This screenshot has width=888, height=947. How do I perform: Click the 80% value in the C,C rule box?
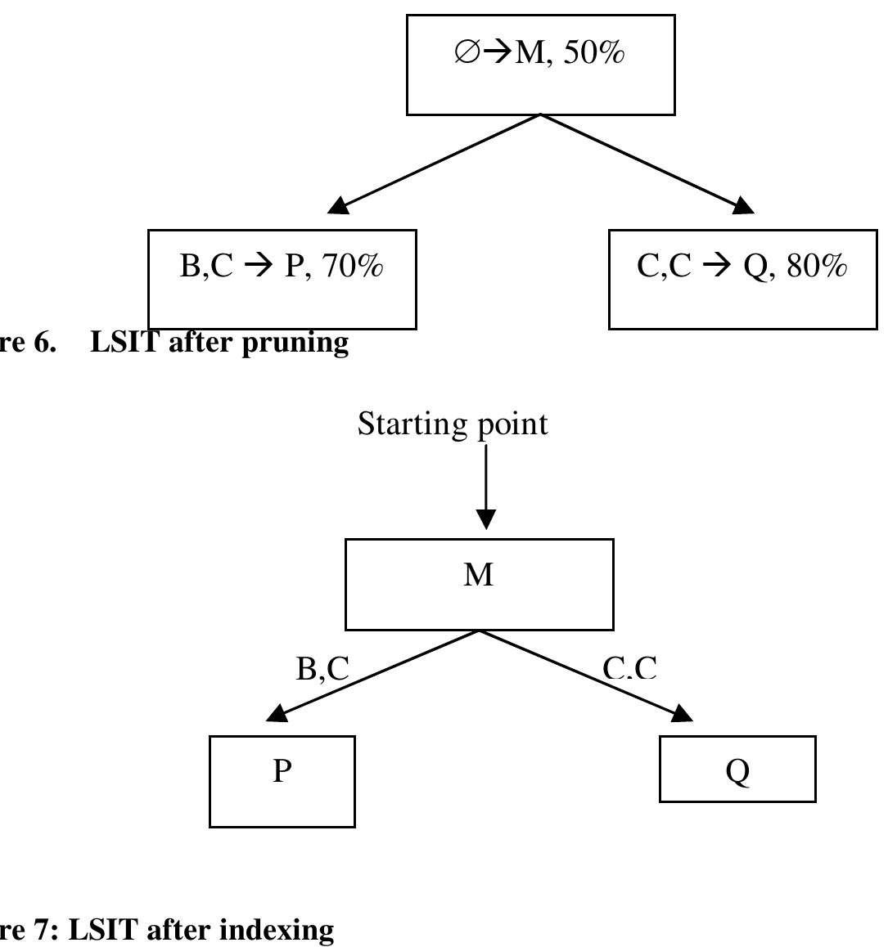point(817,266)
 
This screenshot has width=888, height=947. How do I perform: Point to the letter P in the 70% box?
point(293,266)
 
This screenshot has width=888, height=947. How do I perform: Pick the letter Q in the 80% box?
point(755,267)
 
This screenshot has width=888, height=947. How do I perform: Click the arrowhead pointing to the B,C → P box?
point(339,205)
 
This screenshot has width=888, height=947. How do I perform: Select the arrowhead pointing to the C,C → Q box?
point(742,205)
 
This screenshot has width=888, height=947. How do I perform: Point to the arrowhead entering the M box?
point(486,518)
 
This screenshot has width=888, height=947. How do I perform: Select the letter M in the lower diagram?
point(479,575)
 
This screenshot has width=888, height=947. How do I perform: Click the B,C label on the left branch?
point(322,668)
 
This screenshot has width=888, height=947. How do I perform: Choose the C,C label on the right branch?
point(629,668)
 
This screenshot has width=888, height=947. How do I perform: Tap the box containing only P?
point(282,781)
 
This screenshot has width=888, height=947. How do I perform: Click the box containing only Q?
point(737,770)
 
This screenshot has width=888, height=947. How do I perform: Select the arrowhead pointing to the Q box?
point(682,714)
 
